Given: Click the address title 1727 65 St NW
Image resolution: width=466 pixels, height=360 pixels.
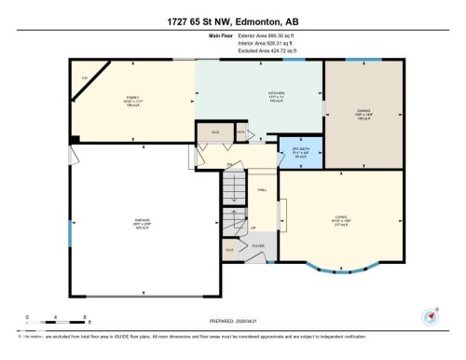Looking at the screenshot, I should coord(233,20).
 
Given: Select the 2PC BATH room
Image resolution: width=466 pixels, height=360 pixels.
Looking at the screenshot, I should coord(301,153).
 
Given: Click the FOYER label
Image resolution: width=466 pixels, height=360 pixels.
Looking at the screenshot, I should coord(257,246).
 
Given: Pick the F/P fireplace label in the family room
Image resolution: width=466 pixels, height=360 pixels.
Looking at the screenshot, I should coord(85,77).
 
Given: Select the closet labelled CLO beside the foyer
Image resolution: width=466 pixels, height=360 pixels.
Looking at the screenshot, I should coord(228,250).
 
